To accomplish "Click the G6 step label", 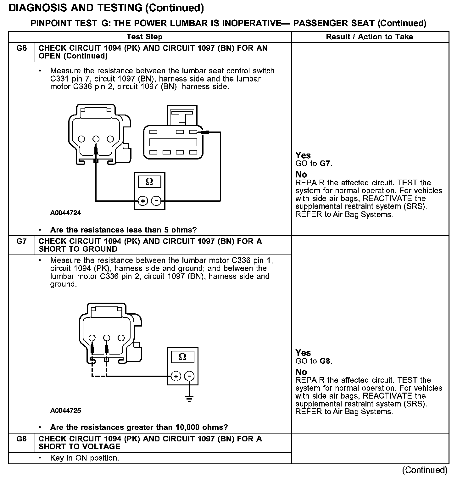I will coord(21,48).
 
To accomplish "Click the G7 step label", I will coord(21,241).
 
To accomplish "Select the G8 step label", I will coord(21,439).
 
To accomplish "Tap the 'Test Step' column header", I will coord(144,37).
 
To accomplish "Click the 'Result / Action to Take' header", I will coord(369,37).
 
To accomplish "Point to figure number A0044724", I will coord(65,213).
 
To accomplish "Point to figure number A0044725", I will coord(65,410).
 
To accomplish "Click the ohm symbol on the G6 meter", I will coord(149,182).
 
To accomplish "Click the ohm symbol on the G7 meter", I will coord(182,357).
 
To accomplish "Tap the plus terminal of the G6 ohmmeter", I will coord(142,201).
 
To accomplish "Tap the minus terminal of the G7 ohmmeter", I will coord(189,376).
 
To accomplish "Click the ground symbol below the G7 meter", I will coord(189,399).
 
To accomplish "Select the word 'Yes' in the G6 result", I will coord(303,155).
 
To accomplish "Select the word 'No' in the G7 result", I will coord(301,372).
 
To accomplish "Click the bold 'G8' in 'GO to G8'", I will coord(325,361).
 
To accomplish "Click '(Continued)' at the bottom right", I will coord(424,470).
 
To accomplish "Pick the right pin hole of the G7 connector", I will coord(121,338).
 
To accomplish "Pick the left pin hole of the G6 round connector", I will coord(81,139).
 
